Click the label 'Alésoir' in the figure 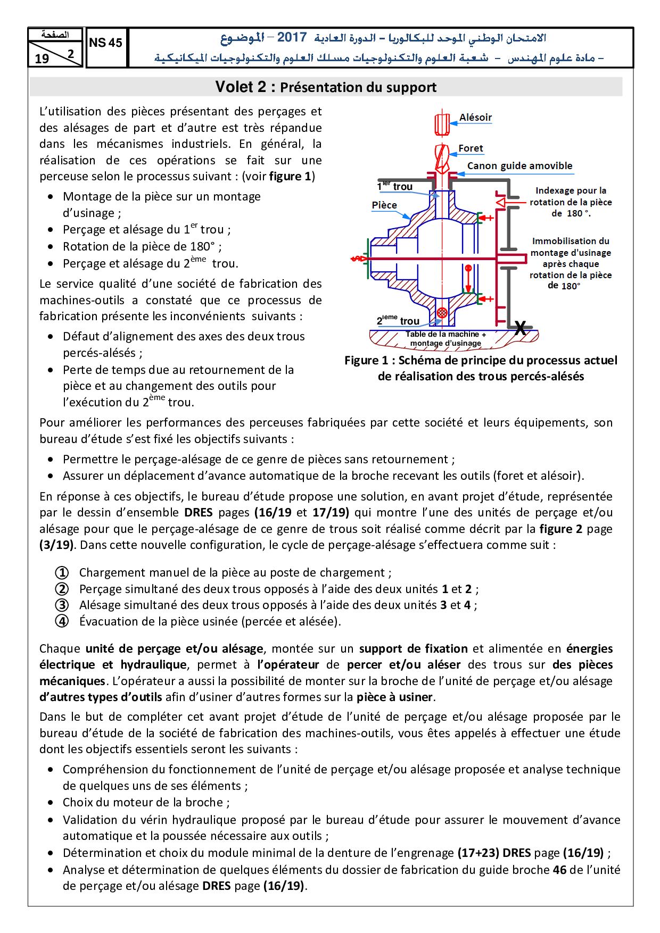coord(475,118)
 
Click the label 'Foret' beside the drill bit coord(471,148)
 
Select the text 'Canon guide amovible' coord(519,165)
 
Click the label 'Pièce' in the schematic coord(384,205)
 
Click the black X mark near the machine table coord(520,329)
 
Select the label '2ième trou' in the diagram coord(398,320)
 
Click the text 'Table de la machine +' coord(445,335)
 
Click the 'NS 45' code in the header coord(106,44)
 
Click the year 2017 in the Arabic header coord(292,38)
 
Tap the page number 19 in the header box coord(42,59)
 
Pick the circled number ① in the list coord(62,573)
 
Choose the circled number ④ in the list coord(62,621)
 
